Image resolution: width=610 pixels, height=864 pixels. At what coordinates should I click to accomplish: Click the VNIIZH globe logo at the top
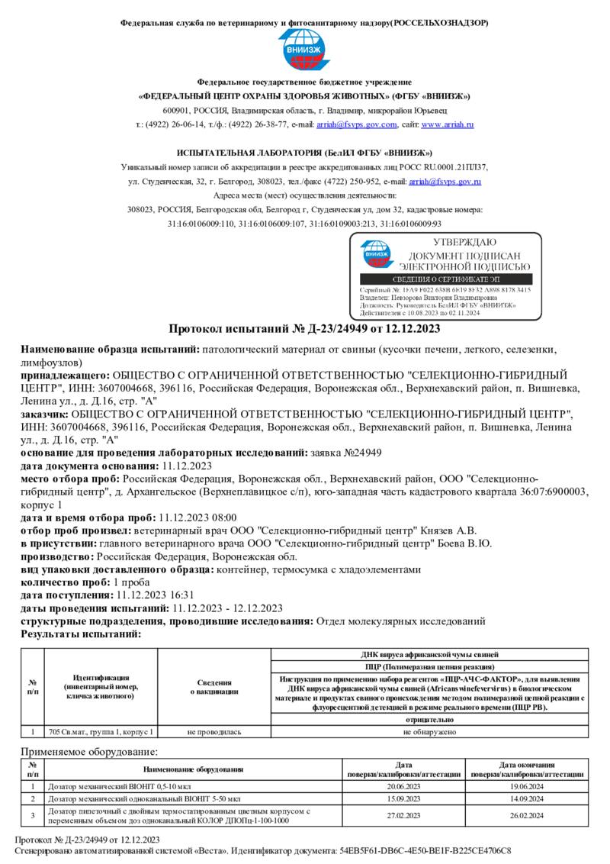304,51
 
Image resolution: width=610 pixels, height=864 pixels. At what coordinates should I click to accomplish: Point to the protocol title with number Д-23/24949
304,329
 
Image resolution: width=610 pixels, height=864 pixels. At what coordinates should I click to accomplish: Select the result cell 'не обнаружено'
429,732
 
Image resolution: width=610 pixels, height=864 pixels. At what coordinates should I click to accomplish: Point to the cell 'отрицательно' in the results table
429,720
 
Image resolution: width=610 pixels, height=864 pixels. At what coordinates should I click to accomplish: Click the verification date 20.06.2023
404,786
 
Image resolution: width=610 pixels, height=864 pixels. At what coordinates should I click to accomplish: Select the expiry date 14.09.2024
521,799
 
